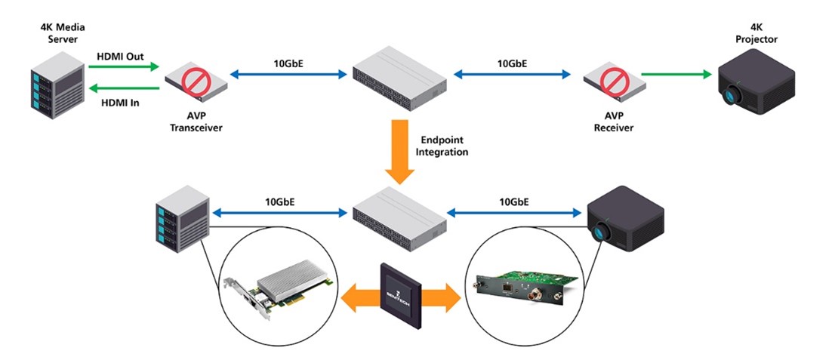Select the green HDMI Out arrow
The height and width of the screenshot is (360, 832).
point(124,66)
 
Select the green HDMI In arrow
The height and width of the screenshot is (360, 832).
point(124,89)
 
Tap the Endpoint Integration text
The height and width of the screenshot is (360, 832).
point(443,146)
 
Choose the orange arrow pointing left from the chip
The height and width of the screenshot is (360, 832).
point(358,297)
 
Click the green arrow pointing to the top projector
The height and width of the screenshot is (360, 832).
point(676,74)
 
